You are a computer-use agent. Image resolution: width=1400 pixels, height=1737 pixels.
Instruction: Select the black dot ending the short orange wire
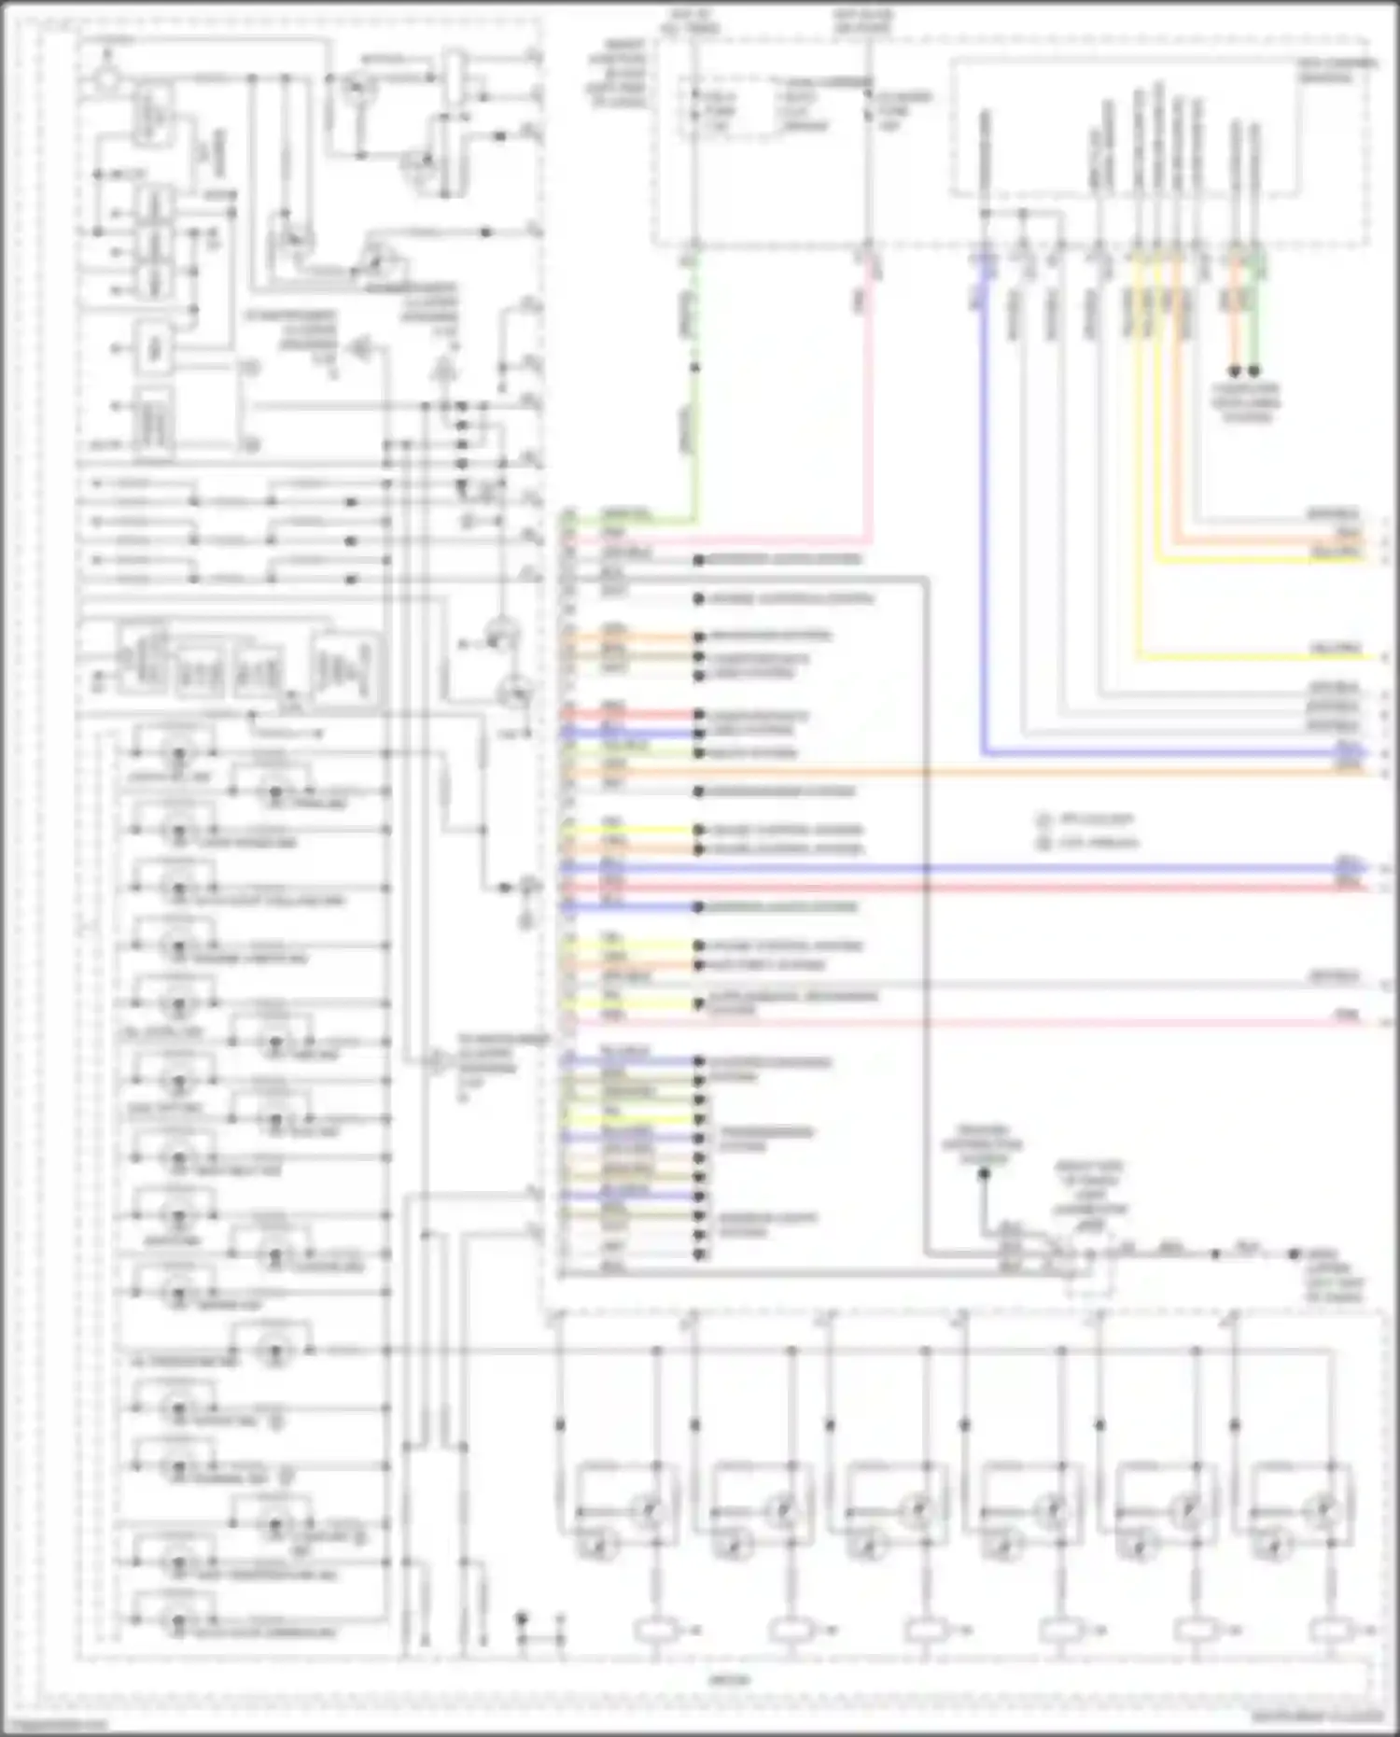pos(1235,371)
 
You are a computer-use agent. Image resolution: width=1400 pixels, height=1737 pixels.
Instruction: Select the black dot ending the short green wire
pos(1254,371)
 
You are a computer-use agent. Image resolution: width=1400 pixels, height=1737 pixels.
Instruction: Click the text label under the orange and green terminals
pos(1246,402)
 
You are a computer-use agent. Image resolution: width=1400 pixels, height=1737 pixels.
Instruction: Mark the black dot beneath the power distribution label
pos(983,1174)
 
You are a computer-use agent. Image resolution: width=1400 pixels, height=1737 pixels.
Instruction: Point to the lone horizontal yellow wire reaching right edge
pos(1260,657)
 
